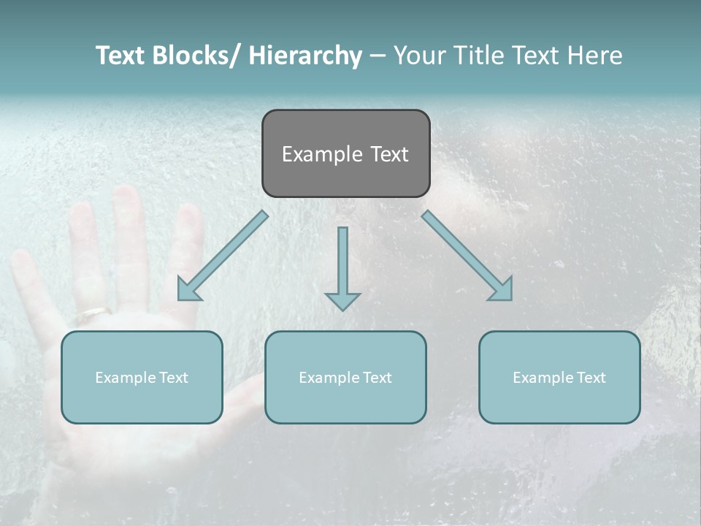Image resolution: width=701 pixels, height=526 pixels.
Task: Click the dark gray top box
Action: [345, 153]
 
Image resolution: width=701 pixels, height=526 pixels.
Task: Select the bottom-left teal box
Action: [142, 377]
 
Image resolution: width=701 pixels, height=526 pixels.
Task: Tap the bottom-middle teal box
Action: [345, 377]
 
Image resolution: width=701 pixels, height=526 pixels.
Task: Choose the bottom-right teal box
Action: [559, 377]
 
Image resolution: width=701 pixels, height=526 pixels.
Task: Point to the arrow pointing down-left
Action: [223, 256]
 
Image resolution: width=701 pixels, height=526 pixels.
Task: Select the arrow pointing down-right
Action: [467, 256]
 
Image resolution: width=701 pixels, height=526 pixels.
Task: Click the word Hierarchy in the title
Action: [305, 56]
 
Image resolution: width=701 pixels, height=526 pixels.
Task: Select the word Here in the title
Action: [594, 56]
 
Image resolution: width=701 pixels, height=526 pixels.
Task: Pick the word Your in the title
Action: [417, 56]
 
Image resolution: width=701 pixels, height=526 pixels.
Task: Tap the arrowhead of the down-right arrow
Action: [502, 290]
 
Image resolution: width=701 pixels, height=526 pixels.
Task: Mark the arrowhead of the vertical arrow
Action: [342, 300]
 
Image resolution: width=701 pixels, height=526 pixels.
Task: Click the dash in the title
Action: [378, 56]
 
